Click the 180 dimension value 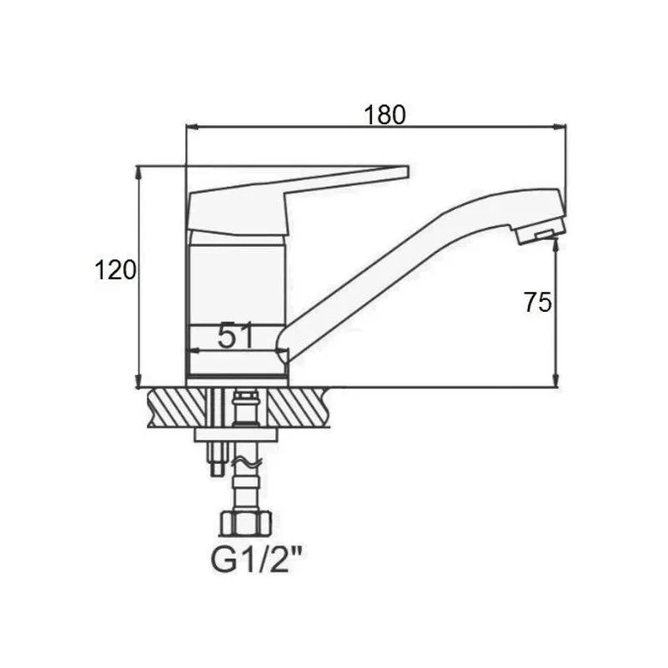click(384, 114)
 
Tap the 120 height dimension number click(115, 269)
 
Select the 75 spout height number click(538, 302)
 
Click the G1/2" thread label click(259, 561)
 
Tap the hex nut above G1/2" click(245, 524)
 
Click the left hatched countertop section click(180, 408)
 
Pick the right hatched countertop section click(299, 408)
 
